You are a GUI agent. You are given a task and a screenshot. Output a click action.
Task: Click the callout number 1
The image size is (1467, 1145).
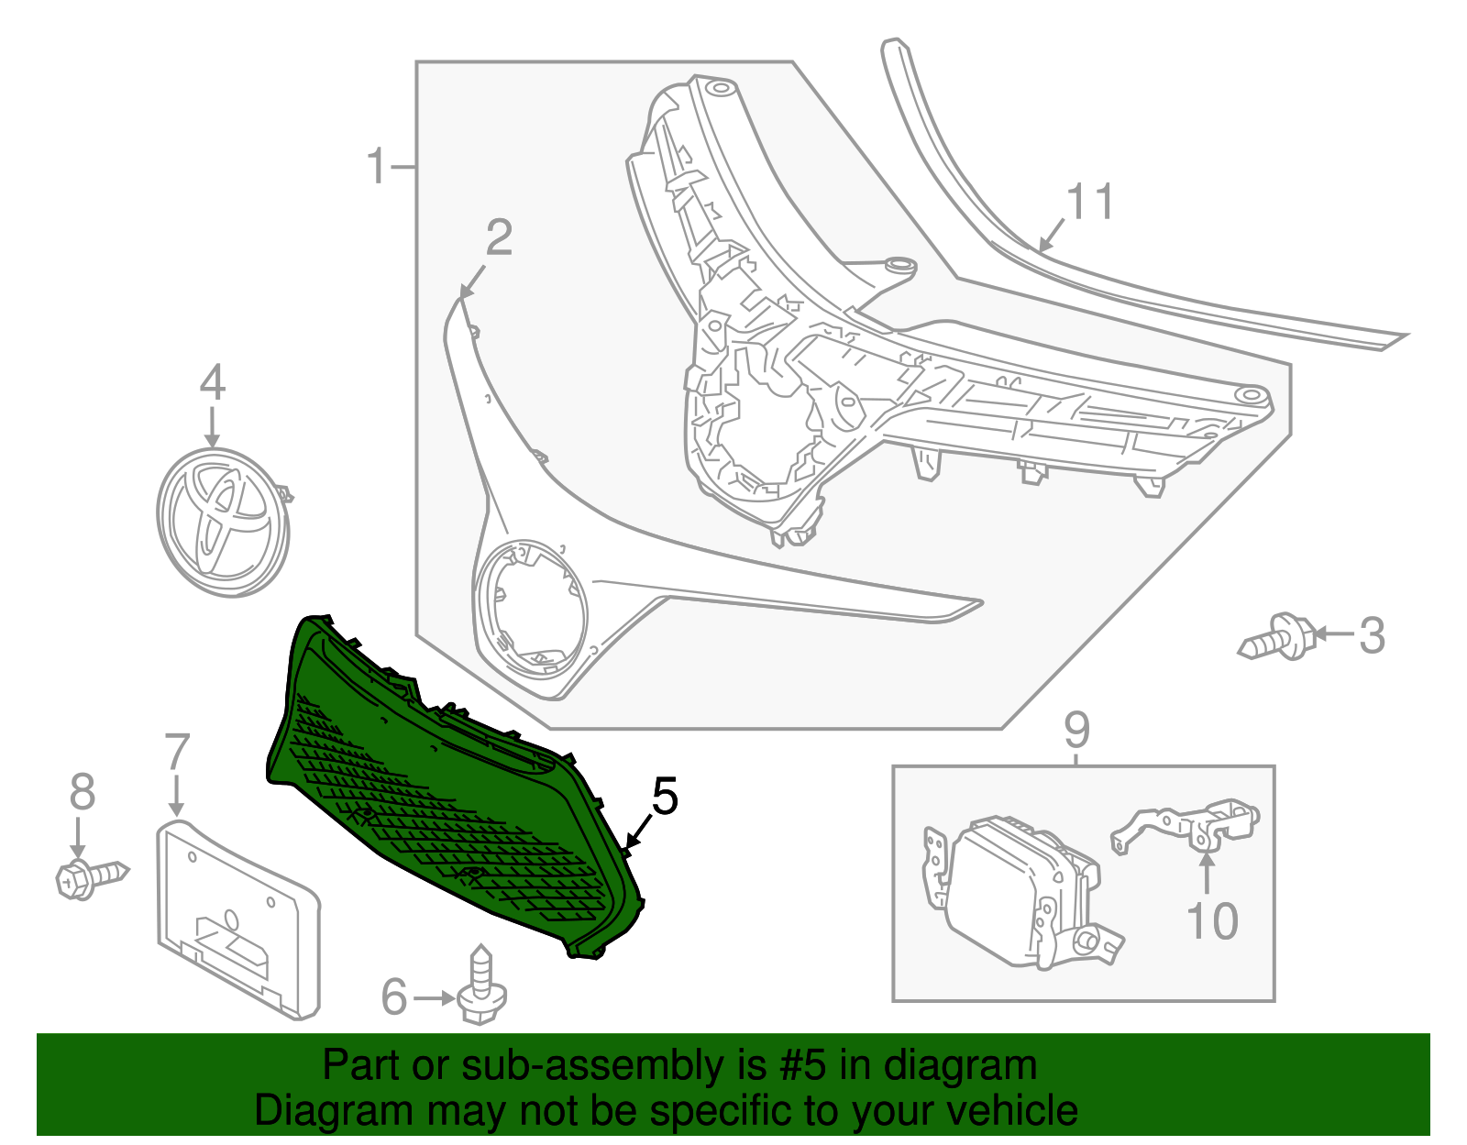click(x=376, y=167)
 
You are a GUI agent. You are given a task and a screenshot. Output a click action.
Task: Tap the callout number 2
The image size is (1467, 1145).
click(x=499, y=237)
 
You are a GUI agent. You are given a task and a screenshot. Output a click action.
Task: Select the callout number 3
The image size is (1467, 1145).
click(x=1371, y=635)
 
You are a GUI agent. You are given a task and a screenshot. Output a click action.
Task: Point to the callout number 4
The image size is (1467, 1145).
click(x=212, y=382)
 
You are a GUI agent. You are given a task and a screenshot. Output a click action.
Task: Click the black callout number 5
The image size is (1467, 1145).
click(x=664, y=796)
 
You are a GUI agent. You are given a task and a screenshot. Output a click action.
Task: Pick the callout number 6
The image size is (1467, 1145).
click(x=393, y=997)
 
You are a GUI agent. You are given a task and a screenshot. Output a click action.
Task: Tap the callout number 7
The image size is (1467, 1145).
click(x=176, y=753)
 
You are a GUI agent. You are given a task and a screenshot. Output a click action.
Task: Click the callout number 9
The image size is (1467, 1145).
click(x=1076, y=730)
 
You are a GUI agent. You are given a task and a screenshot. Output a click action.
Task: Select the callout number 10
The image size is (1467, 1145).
click(x=1211, y=920)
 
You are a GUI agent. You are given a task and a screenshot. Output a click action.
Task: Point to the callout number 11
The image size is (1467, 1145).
click(x=1090, y=202)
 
